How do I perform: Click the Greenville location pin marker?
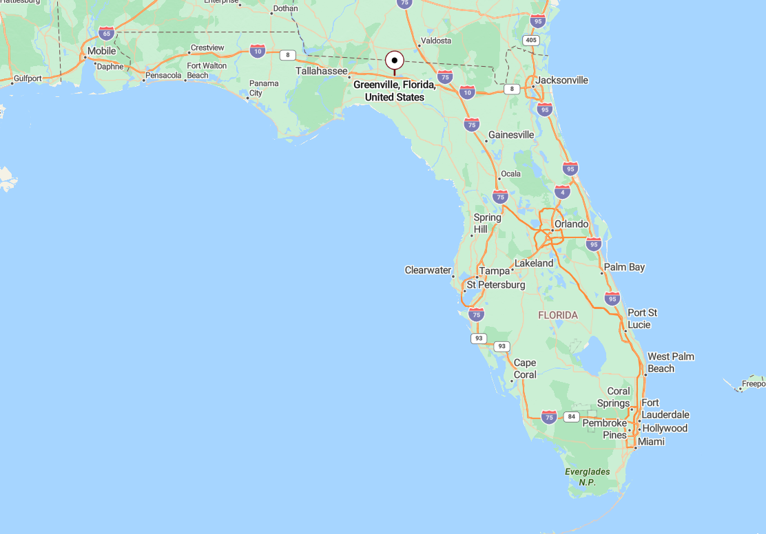pyautogui.click(x=394, y=61)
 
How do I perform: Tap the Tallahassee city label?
pyautogui.click(x=322, y=71)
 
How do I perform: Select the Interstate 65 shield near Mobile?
pyautogui.click(x=106, y=33)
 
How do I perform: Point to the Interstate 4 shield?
pyautogui.click(x=562, y=192)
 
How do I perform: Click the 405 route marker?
pyautogui.click(x=530, y=41)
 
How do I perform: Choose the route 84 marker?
pyautogui.click(x=571, y=416)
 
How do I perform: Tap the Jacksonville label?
pyautogui.click(x=561, y=80)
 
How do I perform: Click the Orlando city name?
pyautogui.click(x=571, y=224)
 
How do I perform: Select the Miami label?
pyautogui.click(x=651, y=441)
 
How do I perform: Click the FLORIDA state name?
pyautogui.click(x=558, y=315)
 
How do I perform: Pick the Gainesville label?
pyautogui.click(x=510, y=135)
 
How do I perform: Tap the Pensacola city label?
pyautogui.click(x=163, y=75)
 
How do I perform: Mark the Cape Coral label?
pyautogui.click(x=525, y=369)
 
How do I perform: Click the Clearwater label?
pyautogui.click(x=428, y=270)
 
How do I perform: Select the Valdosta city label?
pyautogui.click(x=436, y=41)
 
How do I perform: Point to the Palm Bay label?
pyautogui.click(x=624, y=267)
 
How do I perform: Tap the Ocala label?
pyautogui.click(x=510, y=173)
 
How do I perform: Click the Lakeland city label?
pyautogui.click(x=534, y=263)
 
